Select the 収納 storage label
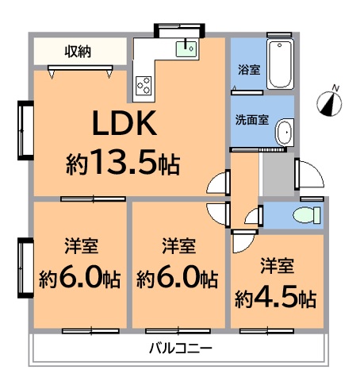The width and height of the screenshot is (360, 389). (78, 52)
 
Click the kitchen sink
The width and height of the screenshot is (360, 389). (187, 48)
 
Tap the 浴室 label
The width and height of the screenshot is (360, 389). (248, 70)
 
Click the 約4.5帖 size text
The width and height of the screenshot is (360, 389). (275, 299)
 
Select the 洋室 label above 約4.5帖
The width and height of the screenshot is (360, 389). (277, 264)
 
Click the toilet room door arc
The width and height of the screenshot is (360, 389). (252, 215)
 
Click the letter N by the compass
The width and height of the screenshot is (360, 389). (336, 87)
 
